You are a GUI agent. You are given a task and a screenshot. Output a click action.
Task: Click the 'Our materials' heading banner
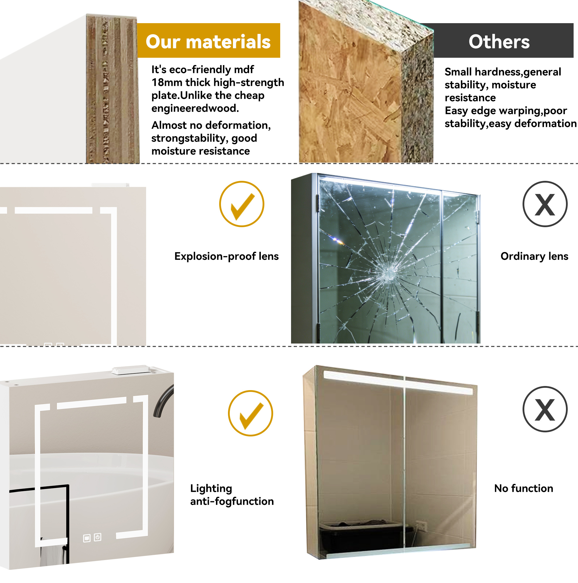[x=208, y=40]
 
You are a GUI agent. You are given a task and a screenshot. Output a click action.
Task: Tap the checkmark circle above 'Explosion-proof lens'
[x=241, y=204]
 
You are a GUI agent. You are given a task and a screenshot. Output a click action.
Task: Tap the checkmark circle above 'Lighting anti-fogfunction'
[x=250, y=413]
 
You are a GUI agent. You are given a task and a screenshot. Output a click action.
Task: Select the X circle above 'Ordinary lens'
[x=545, y=204]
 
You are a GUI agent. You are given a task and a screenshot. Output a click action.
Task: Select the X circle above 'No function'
[x=545, y=409]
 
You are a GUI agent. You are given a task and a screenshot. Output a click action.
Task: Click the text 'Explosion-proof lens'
[x=227, y=256]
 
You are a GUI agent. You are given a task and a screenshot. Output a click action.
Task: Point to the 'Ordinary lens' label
[x=534, y=256]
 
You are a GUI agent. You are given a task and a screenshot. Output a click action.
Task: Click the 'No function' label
[x=523, y=488]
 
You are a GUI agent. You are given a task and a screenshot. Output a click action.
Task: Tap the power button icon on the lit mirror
[x=97, y=537]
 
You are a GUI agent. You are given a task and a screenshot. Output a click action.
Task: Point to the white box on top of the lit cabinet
[x=131, y=370]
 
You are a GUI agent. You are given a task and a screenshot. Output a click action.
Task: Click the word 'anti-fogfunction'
[x=232, y=501]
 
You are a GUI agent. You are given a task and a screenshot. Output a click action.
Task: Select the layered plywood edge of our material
[x=112, y=89]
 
